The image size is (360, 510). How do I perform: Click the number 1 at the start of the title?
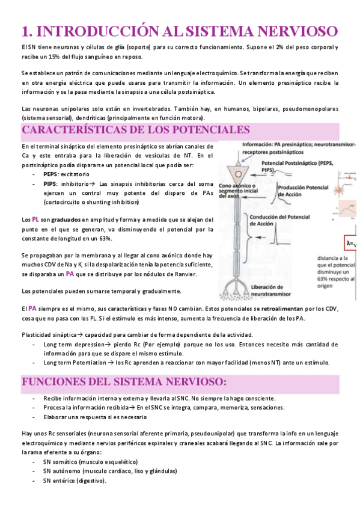pyautogui.click(x=25, y=30)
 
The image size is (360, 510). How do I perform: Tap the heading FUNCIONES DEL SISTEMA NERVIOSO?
pyautogui.click(x=124, y=382)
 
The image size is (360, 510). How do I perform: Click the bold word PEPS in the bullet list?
pyautogui.click(x=50, y=174)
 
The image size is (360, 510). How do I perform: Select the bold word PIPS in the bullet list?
pyautogui.click(x=50, y=183)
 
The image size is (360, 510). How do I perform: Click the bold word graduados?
pyautogui.click(x=66, y=220)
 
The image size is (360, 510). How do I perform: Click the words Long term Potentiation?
pyautogui.click(x=73, y=363)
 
